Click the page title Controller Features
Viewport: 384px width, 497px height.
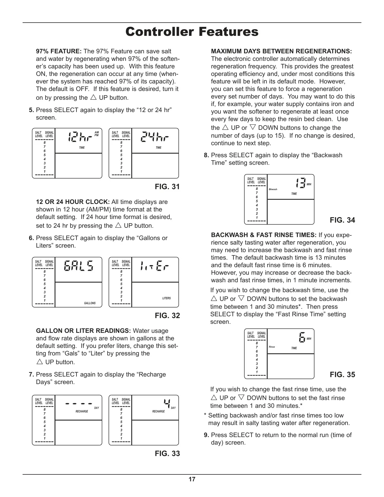192,32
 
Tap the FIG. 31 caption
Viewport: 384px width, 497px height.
167,187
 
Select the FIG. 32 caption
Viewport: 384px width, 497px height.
167,316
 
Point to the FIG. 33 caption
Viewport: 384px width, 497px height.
167,454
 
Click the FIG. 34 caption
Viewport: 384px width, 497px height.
342,220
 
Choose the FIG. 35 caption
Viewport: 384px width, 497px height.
342,374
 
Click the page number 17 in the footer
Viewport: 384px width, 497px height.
192,479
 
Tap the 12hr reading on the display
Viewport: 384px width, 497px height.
80,137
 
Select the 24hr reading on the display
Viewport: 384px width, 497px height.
155,137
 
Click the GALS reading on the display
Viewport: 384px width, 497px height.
78,266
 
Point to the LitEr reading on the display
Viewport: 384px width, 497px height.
155,266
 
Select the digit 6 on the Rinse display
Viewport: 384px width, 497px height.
302,337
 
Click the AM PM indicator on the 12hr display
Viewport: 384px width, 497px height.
96,134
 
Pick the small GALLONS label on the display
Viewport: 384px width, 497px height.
90,303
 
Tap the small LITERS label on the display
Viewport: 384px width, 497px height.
167,298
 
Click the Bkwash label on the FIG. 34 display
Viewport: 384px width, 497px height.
273,189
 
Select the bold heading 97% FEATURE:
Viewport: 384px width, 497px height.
59,51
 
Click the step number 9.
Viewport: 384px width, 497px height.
207,435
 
